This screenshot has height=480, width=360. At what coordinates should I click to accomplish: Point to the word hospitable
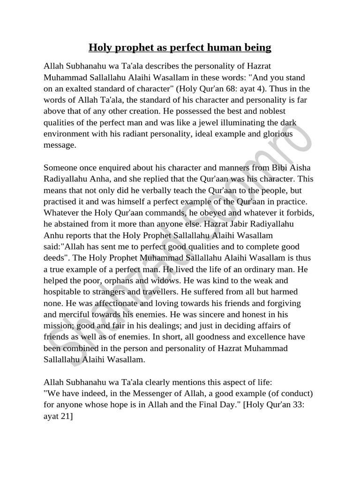pyautogui.click(x=65, y=291)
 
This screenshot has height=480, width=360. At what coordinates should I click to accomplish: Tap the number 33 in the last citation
pyautogui.click(x=293, y=404)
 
